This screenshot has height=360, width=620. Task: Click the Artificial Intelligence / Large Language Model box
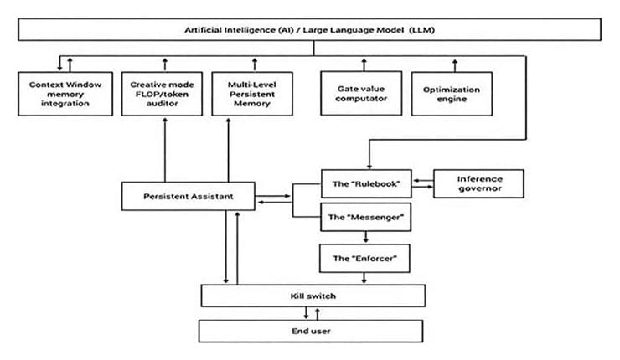pyautogui.click(x=310, y=29)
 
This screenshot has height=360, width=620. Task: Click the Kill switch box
pyautogui.click(x=313, y=296)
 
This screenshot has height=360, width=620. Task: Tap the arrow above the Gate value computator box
pyautogui.click(x=362, y=64)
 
